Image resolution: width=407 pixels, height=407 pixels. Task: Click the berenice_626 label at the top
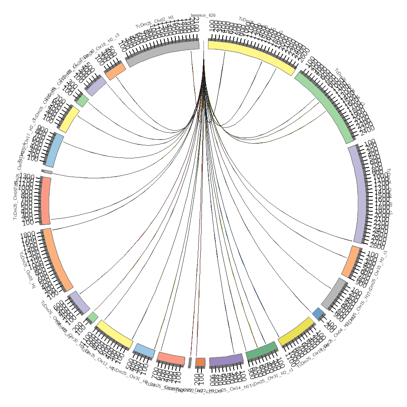tap(203, 15)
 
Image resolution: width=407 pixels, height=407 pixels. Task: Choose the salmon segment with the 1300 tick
tap(46, 201)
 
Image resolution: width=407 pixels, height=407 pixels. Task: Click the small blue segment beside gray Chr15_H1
tap(318, 313)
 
